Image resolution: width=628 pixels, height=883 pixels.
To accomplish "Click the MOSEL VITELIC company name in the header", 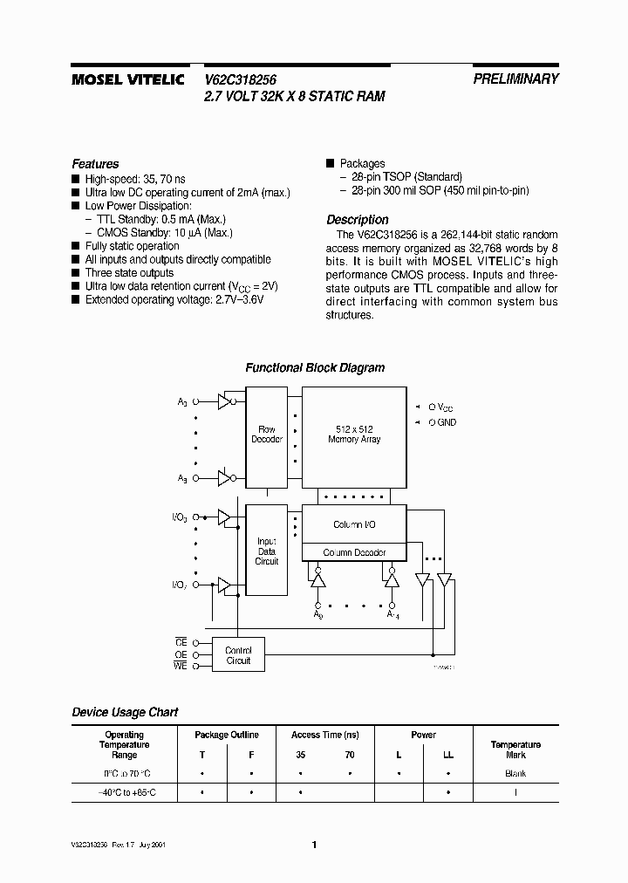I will pyautogui.click(x=126, y=79).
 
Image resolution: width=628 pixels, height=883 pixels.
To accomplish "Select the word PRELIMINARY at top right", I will pyautogui.click(x=515, y=79).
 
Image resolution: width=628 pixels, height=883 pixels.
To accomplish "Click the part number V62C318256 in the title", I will pyautogui.click(x=241, y=79).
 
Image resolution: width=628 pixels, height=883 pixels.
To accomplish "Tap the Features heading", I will pyautogui.click(x=95, y=164).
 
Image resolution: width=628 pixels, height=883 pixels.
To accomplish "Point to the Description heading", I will pyautogui.click(x=357, y=220).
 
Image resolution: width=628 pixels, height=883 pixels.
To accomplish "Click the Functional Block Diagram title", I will pyautogui.click(x=314, y=368).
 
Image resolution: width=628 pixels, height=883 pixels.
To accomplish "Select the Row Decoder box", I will pyautogui.click(x=267, y=434).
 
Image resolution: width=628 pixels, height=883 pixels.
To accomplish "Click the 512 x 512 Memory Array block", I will pyautogui.click(x=353, y=434).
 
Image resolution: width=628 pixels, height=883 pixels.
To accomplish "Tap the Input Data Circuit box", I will pyautogui.click(x=267, y=551).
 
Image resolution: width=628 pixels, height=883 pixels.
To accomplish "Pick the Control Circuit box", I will pyautogui.click(x=238, y=655).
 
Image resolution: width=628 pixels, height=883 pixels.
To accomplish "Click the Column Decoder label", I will pyautogui.click(x=354, y=552).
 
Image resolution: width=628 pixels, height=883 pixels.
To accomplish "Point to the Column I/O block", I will pyautogui.click(x=354, y=524).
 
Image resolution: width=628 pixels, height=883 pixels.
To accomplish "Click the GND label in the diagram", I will pyautogui.click(x=447, y=422).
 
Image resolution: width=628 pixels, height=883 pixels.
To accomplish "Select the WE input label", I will pyautogui.click(x=181, y=666).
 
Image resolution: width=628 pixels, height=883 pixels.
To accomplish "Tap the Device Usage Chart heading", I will pyautogui.click(x=125, y=712).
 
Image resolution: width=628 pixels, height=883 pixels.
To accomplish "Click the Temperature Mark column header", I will pyautogui.click(x=515, y=750).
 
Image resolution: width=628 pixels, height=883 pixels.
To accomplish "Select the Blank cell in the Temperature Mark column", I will pyautogui.click(x=515, y=774).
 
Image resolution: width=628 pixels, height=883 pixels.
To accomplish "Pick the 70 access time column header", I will pyautogui.click(x=349, y=755).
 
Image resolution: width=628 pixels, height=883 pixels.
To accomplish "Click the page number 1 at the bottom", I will pyautogui.click(x=314, y=844).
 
